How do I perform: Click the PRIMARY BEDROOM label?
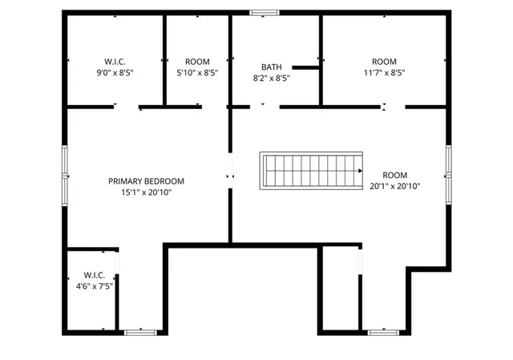tap(147, 181)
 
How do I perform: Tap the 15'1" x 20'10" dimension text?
tap(147, 192)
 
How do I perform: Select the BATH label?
tap(271, 67)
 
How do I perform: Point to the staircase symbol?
tap(311, 170)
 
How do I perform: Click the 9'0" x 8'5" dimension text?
tap(115, 72)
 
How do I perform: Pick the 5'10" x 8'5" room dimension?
tap(197, 72)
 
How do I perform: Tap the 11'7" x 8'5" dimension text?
tap(384, 72)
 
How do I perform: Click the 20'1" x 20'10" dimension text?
tap(395, 186)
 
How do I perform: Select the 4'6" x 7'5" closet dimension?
tap(95, 285)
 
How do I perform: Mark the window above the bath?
tap(263, 13)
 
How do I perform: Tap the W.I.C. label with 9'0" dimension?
tap(115, 62)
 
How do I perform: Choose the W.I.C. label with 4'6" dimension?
tap(95, 274)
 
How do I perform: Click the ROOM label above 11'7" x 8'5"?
tap(384, 62)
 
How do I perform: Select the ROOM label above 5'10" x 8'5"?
tap(197, 62)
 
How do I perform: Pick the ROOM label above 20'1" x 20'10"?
tap(395, 175)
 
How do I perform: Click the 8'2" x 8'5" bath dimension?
tap(271, 79)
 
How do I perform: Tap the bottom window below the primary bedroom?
tap(139, 331)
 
